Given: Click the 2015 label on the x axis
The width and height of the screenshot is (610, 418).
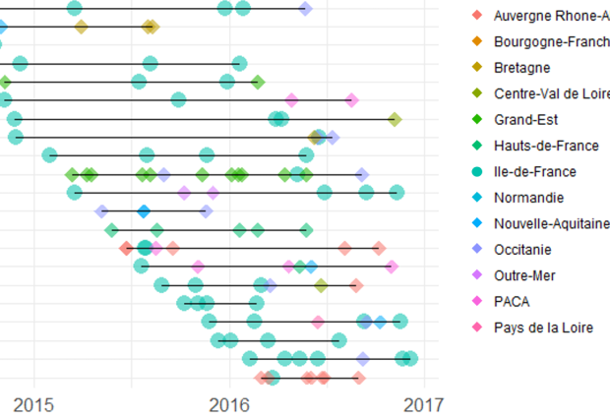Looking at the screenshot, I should point(34,404).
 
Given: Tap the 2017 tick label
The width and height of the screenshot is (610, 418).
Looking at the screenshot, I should point(426,404).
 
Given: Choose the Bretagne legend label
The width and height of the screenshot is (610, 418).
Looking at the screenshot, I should point(521,68).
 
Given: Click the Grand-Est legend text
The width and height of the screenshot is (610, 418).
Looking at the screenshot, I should point(525,120).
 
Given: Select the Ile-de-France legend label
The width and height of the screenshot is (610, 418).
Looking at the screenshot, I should point(535,171).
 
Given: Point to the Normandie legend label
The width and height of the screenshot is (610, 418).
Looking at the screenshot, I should point(529,197).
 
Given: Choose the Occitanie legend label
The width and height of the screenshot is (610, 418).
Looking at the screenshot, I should point(527,249).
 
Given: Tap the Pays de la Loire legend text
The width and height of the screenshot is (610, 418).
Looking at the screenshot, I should point(544,327).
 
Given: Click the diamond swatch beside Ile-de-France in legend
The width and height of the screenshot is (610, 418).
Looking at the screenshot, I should point(477,171).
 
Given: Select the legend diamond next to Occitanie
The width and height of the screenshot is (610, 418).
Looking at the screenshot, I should point(477,249).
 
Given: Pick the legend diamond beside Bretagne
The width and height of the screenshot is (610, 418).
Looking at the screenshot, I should point(477,68).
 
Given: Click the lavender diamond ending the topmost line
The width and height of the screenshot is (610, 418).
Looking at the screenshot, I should point(306,9).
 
